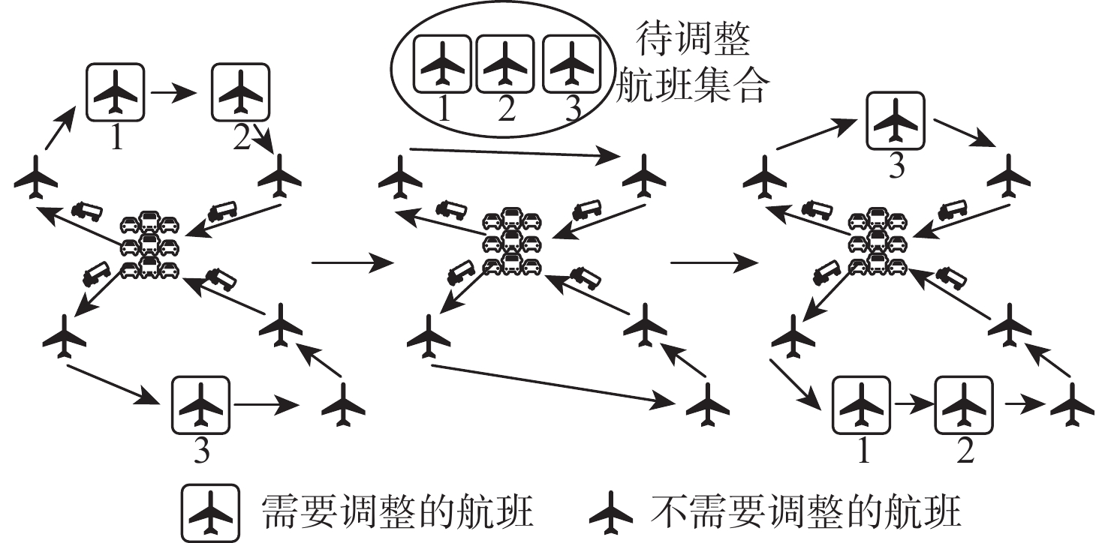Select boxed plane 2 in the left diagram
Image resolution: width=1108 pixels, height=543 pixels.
[x=241, y=92]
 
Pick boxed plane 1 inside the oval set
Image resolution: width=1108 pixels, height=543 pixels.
[x=443, y=65]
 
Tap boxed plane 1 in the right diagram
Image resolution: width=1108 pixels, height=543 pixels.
[x=862, y=406]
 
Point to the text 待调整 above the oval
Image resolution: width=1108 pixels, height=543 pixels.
[x=693, y=43]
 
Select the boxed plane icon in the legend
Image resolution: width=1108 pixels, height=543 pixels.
[x=209, y=512]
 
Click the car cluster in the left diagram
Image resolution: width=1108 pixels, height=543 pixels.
[x=150, y=245]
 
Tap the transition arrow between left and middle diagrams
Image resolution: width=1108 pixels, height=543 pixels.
[x=351, y=263]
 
